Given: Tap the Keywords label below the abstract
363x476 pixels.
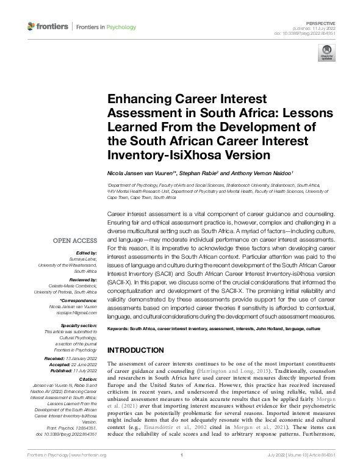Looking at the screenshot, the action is point(120,329).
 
